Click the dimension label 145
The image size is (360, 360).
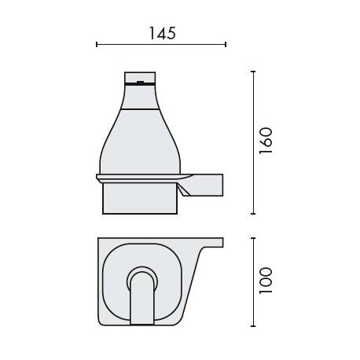(x=161, y=33)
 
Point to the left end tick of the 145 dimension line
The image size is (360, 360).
(x=97, y=45)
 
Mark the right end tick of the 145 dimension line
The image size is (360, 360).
(x=226, y=45)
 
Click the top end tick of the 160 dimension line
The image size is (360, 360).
(x=252, y=72)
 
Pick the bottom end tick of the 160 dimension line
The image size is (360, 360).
(x=252, y=213)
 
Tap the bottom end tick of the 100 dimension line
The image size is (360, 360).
(x=252, y=325)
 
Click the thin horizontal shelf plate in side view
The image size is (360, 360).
(x=141, y=175)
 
